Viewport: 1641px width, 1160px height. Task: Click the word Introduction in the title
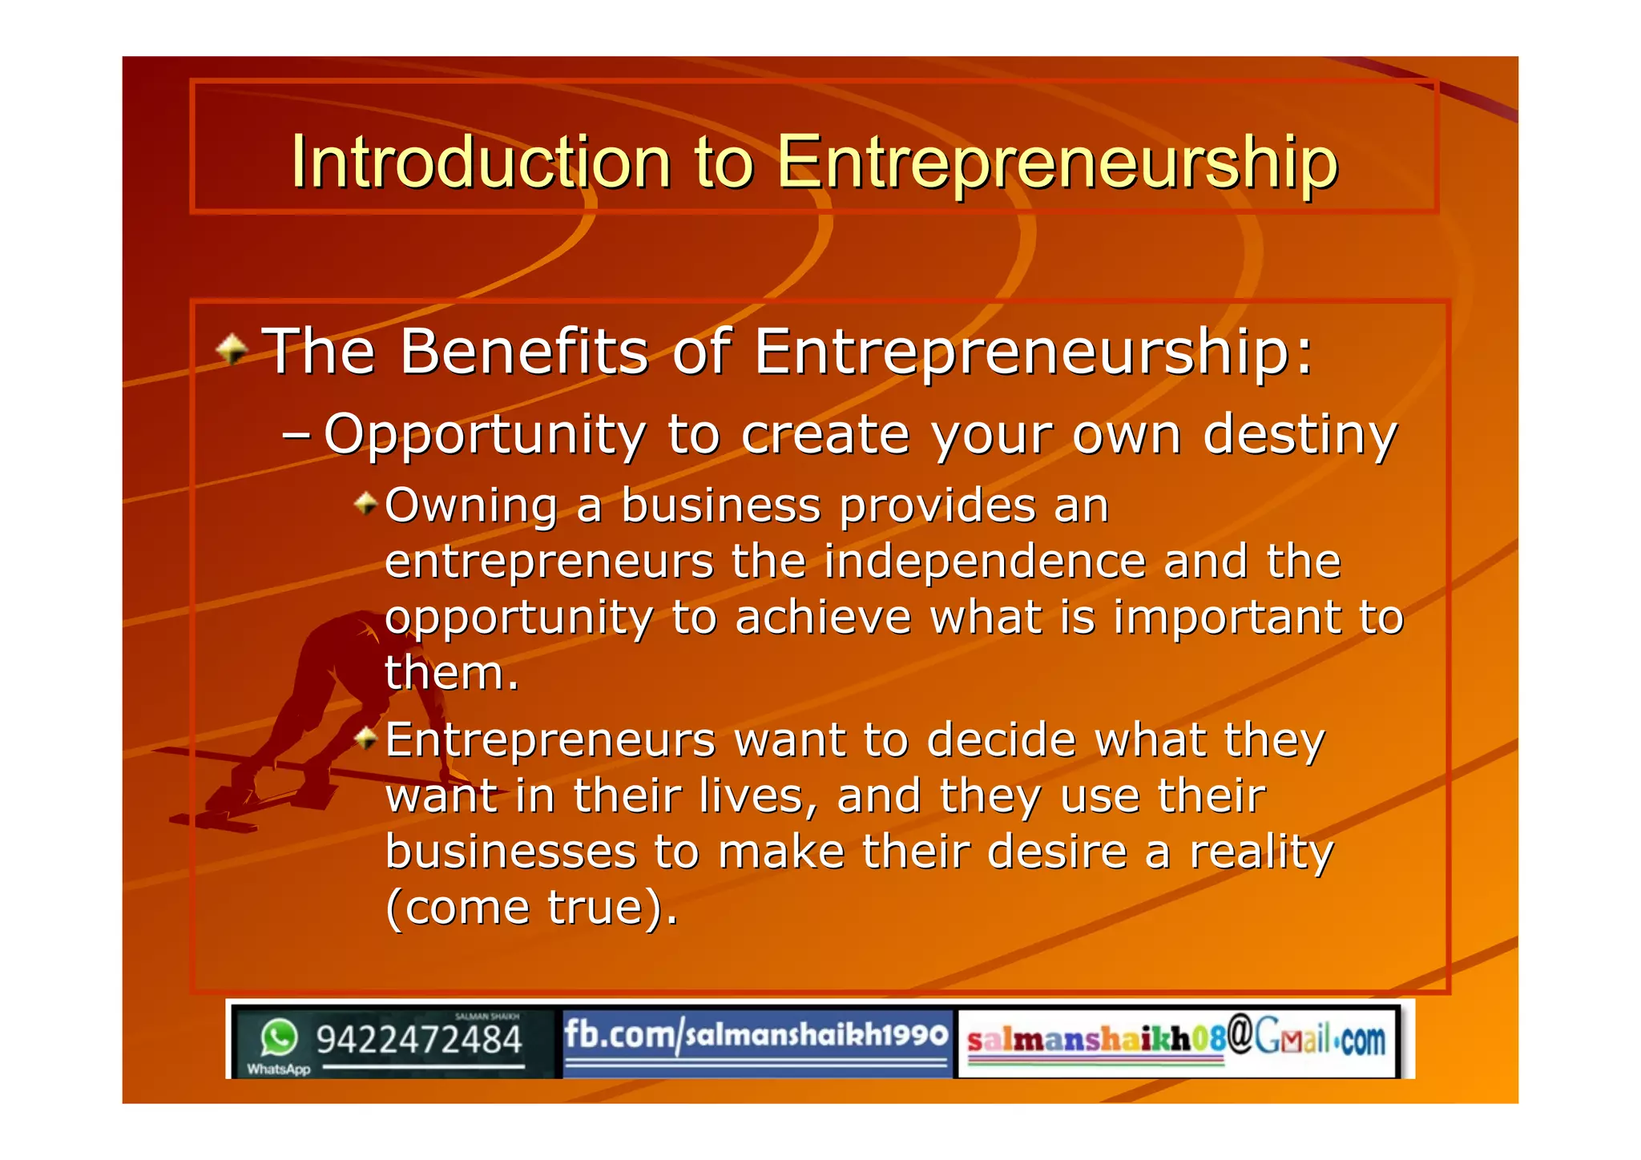[480, 163]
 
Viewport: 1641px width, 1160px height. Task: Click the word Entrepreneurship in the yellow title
[1057, 163]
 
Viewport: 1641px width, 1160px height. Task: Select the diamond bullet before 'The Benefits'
[232, 349]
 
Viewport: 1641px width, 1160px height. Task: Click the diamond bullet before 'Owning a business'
[366, 504]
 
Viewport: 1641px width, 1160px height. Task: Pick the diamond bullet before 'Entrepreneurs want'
[366, 738]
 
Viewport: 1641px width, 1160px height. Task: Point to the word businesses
[510, 852]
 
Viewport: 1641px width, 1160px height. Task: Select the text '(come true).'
[531, 908]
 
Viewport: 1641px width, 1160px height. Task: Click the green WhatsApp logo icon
[279, 1038]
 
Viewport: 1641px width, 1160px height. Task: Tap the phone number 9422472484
[418, 1040]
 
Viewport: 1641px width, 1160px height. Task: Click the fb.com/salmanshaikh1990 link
[756, 1035]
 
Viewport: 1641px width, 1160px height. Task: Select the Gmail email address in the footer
[1175, 1039]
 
